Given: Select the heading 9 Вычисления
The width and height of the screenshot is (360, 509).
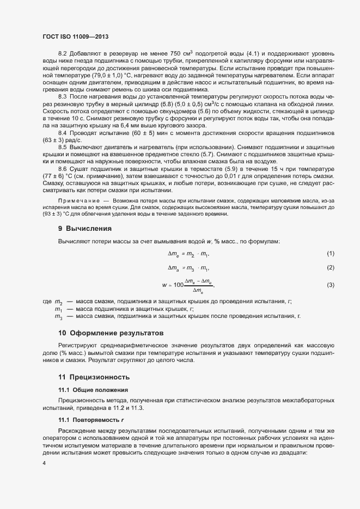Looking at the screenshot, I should pyautogui.click(x=84, y=228).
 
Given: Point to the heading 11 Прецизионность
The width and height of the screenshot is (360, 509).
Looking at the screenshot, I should pyautogui.click(x=94, y=377).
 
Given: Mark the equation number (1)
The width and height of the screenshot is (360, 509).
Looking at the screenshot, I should pyautogui.click(x=330, y=254).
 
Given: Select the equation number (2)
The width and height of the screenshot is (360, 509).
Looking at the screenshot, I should pyautogui.click(x=330, y=267).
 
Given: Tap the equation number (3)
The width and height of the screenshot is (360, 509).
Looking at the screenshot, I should pyautogui.click(x=330, y=285).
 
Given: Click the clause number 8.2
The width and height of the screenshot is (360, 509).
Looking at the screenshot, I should pyautogui.click(x=62, y=53).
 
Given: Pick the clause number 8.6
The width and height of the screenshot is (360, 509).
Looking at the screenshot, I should pyautogui.click(x=62, y=169).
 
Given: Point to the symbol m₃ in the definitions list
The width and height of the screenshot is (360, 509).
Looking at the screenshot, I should pyautogui.click(x=58, y=316).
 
